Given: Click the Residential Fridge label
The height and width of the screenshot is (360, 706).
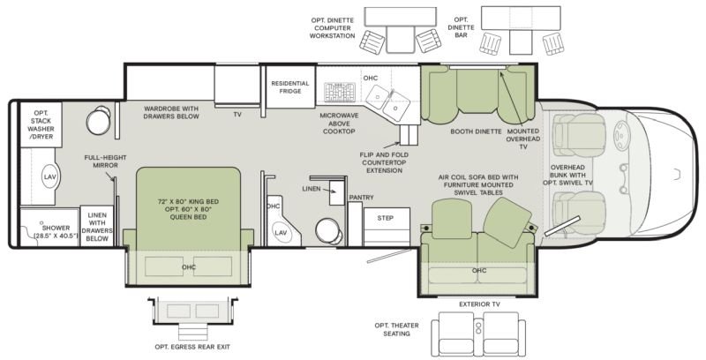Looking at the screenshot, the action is [290, 87].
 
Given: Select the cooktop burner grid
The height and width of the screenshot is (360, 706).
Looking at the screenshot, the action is [340, 92].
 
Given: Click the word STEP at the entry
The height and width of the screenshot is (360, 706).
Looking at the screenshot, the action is [386, 218].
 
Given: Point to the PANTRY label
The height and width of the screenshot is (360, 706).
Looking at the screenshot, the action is [361, 198].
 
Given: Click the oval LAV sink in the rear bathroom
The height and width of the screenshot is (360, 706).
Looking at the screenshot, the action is [49, 176].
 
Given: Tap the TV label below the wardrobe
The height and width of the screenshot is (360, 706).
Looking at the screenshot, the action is [237, 115].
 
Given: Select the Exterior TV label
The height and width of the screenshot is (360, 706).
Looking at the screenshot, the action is [479, 304].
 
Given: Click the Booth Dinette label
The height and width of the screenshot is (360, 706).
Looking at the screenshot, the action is [476, 131].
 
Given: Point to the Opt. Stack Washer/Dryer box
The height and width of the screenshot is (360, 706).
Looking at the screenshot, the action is [41, 124].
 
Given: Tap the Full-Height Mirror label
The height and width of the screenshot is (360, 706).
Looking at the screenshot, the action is [105, 161].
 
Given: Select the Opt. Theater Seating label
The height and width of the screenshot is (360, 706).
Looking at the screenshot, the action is [396, 329].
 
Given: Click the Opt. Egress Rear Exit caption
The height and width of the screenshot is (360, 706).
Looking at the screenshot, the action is [192, 347].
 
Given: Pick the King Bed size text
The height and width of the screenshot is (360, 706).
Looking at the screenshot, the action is [188, 209].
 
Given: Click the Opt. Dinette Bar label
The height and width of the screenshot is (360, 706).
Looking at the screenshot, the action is [461, 27].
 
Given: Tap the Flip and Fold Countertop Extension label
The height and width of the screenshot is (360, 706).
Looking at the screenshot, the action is [384, 162].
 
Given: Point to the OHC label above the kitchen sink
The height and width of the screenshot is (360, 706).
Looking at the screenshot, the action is [370, 78].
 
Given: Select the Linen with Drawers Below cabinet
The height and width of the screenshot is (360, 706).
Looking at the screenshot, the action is [97, 226].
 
